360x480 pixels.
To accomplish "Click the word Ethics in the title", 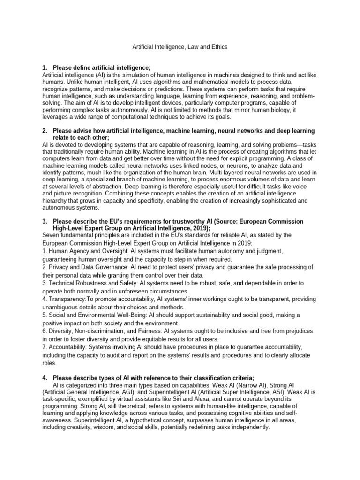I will coord(231,47).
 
